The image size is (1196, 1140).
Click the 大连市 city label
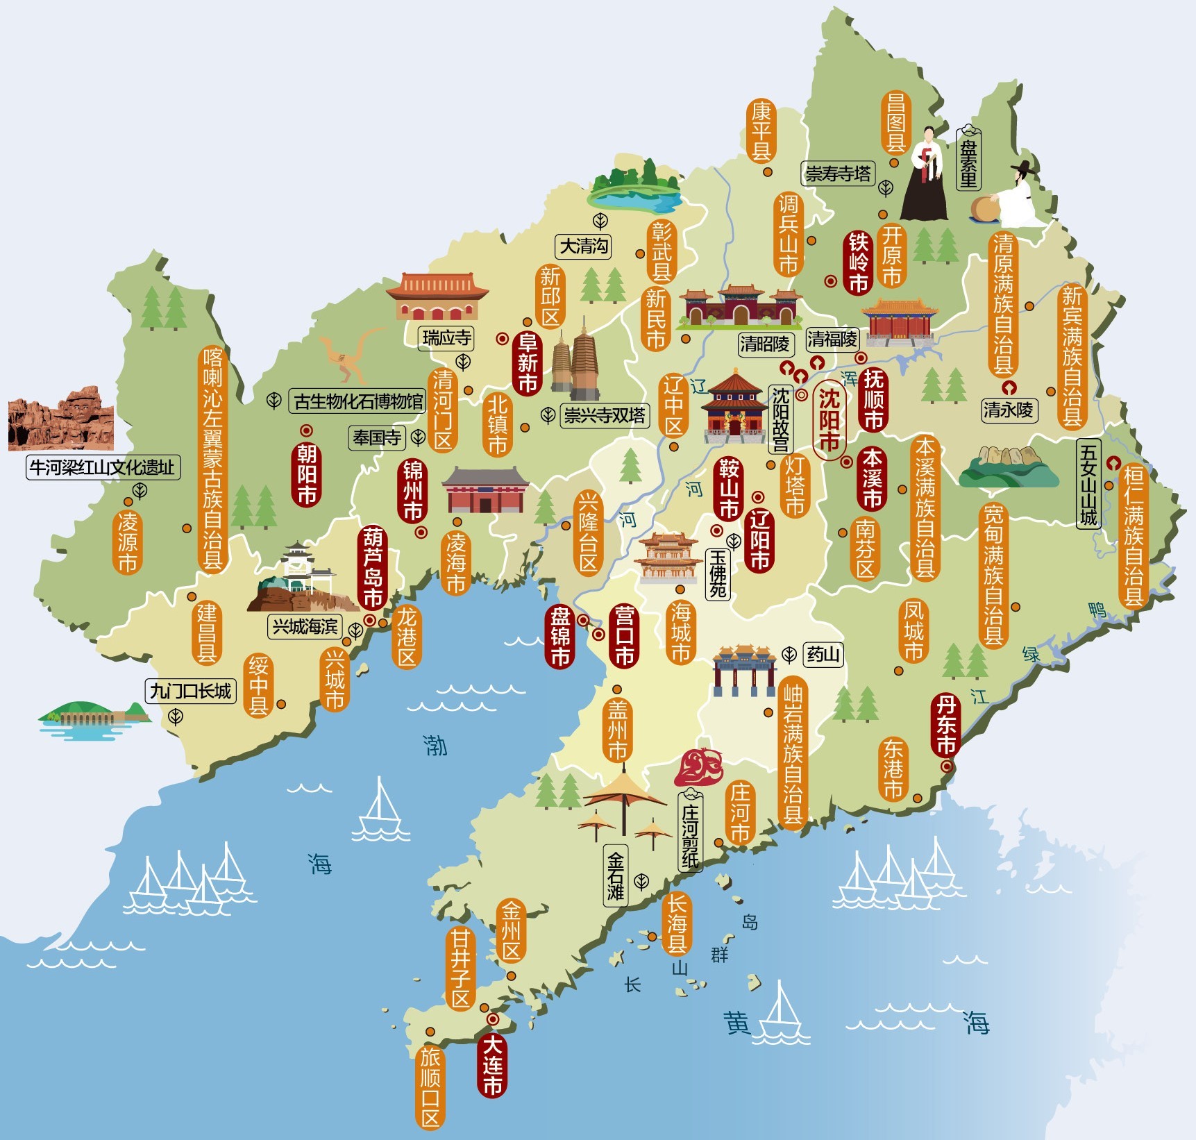[492, 1065]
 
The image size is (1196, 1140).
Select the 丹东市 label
[945, 725]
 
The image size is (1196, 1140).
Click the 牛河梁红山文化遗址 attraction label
[103, 467]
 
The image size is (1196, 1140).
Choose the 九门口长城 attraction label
[190, 691]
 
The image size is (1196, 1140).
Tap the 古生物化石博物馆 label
[357, 401]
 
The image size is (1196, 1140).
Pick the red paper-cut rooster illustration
[699, 766]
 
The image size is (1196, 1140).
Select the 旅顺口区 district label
[430, 1087]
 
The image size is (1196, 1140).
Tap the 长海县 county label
[677, 924]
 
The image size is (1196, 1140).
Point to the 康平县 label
[761, 131]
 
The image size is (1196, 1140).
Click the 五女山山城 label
[1088, 484]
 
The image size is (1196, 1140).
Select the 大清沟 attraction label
[583, 246]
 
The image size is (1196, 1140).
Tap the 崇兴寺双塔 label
[604, 415]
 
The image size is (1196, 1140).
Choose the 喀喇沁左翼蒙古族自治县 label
[212, 458]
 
